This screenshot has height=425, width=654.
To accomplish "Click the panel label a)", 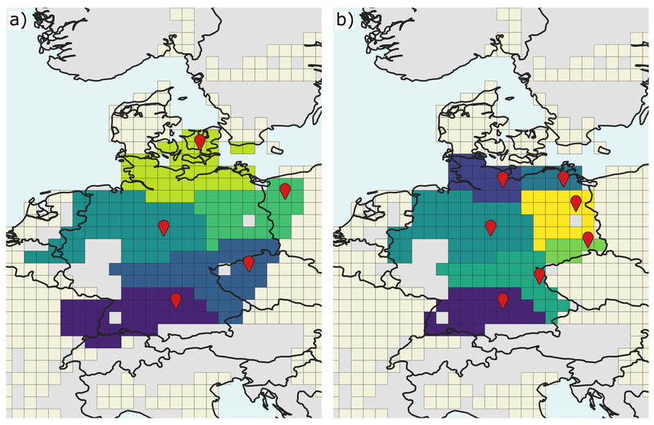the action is (18, 20).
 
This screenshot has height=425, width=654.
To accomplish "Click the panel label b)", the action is (345, 20).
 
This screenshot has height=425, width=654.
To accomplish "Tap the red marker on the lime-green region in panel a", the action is (201, 142).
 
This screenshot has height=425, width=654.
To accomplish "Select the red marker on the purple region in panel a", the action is (176, 301).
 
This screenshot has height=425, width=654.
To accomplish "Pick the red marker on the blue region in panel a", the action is (249, 264).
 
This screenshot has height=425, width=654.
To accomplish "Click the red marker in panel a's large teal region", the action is (164, 228).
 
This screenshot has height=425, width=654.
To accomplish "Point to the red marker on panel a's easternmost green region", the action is (285, 191).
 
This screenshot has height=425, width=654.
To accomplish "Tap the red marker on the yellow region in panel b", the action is (576, 203).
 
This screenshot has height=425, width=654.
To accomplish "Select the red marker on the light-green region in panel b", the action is (588, 239).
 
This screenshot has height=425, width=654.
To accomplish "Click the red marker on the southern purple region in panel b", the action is (503, 301).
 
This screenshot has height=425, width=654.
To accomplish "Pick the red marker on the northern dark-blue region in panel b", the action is (503, 179).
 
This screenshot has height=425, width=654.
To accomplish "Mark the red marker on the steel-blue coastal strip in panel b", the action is (563, 179).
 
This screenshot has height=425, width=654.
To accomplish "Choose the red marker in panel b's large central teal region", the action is (491, 228).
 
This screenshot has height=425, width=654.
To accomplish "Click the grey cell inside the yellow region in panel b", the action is (576, 220).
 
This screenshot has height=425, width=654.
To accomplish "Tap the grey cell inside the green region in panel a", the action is (249, 220).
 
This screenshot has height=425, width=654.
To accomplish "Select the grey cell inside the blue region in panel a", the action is (224, 270).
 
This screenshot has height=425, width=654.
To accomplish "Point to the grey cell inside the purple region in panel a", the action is (115, 318).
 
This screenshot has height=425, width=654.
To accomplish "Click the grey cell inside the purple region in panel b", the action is (442, 318).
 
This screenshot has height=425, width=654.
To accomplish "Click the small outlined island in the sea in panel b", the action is (602, 150).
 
